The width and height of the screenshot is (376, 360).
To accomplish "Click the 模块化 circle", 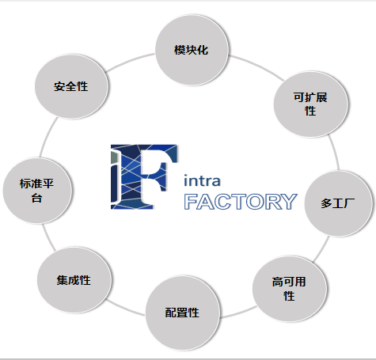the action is tap(192, 50).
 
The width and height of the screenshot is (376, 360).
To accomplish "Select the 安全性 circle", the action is tap(71, 86).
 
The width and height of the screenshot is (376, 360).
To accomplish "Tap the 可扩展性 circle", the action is tap(310, 104).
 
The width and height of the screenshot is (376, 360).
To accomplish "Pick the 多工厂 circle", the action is tap(338, 203).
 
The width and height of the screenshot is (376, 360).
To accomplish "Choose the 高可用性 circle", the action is tap(290, 289).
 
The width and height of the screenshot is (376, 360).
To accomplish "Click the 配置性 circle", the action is tap(183, 313).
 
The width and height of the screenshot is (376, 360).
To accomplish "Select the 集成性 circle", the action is tap(74, 280).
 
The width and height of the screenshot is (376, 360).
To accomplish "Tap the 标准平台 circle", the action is tap(37, 191).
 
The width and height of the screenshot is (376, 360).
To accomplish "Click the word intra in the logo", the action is tap(202, 180).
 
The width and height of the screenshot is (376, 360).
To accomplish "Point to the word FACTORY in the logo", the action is tap(241, 202).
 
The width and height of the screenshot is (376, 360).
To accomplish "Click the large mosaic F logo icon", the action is tap(144, 176).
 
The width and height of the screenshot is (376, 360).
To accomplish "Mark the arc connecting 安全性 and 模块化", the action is tap(130, 60).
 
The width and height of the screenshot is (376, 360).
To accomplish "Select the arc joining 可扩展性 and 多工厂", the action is tap(335, 152).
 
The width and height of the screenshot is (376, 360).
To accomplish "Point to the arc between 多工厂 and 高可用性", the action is tap(322, 249).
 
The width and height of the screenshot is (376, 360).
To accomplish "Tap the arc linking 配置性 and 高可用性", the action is tap(238, 313).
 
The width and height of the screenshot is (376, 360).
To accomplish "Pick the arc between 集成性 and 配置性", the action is tap(125, 309).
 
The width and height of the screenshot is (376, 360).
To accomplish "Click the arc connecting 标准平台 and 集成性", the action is tap(48, 237).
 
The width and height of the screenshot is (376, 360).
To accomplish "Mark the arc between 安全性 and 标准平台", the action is tap(47, 137).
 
